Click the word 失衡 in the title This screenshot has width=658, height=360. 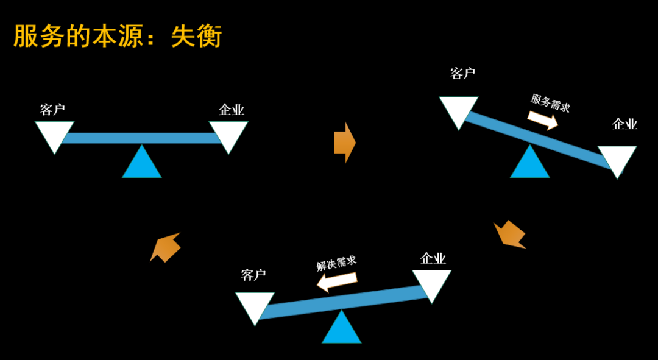(x=196, y=36)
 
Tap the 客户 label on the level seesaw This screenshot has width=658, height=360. (x=53, y=110)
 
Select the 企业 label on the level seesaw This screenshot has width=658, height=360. (x=232, y=110)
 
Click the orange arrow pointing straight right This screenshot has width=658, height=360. (x=344, y=143)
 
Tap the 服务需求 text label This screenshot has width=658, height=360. (x=550, y=102)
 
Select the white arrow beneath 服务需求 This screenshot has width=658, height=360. (x=542, y=119)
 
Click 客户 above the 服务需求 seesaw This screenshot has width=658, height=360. (x=463, y=74)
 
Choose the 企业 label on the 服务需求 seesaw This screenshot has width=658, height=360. (x=624, y=124)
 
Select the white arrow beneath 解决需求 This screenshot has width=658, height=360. (x=337, y=281)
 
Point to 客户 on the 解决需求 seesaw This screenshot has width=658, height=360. (x=253, y=275)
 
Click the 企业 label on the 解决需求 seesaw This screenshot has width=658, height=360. (x=433, y=258)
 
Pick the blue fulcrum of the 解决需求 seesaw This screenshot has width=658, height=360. (x=341, y=330)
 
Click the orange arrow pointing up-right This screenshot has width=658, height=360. (x=165, y=246)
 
